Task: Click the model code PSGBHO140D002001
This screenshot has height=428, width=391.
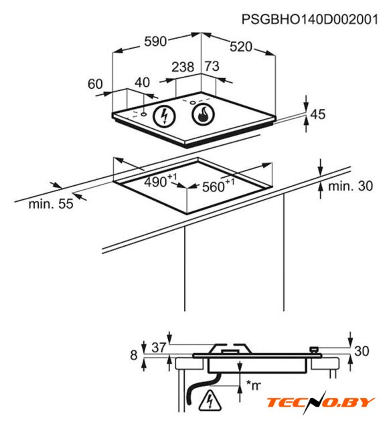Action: pos(310,19)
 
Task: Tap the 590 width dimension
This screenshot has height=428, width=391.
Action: pos(155,41)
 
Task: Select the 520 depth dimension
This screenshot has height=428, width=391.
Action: pos(241,47)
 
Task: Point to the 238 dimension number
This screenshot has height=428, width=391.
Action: pos(183,67)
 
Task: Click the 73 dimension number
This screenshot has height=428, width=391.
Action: pos(212,66)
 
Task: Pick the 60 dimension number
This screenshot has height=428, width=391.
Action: pos(95,84)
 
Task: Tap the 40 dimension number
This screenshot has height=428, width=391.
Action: pos(143,82)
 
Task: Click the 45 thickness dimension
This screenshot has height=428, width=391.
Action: pos(318,114)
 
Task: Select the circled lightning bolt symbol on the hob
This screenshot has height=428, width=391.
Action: pos(164,116)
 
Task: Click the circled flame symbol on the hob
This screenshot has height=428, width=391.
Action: pos(204,114)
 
